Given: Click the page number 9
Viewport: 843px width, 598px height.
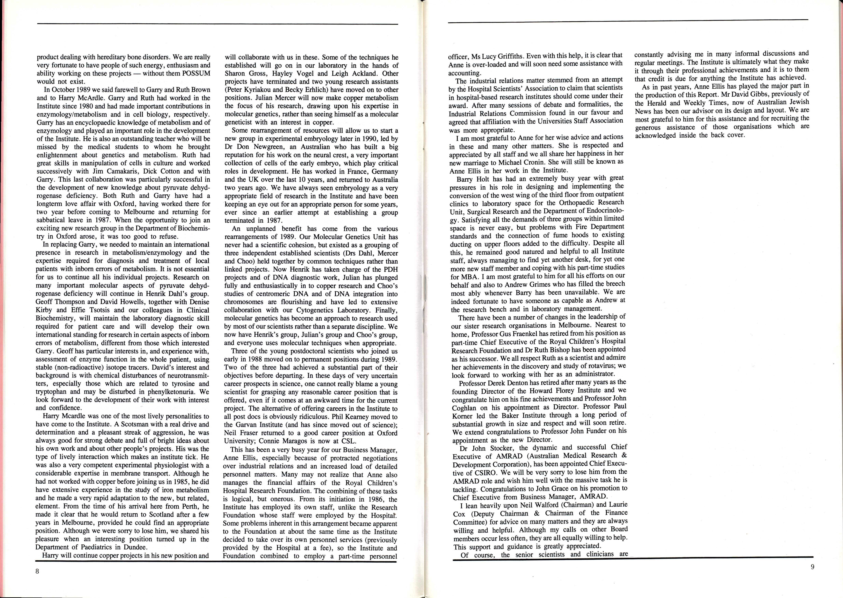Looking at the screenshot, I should (x=812, y=567).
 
